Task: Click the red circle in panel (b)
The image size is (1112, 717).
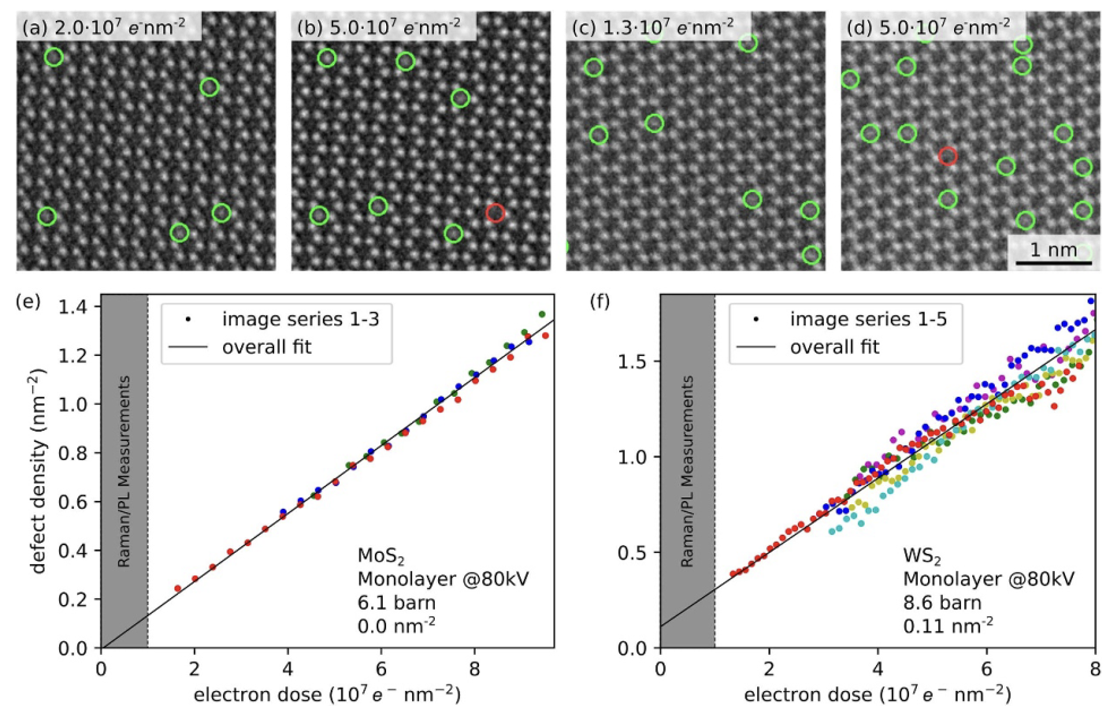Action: tap(495, 213)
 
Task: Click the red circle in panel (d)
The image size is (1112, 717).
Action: tap(948, 156)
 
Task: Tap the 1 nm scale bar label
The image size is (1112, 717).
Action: tap(1053, 250)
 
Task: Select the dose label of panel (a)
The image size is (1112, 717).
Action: tap(104, 26)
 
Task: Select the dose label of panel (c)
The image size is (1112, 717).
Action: tap(653, 26)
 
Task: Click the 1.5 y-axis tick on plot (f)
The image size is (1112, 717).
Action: tap(634, 361)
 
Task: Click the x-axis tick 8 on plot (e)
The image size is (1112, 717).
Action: tap(474, 669)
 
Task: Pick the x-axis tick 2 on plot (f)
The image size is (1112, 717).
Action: tap(769, 669)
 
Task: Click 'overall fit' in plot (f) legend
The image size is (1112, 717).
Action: tap(835, 347)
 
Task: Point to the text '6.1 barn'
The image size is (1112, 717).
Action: tap(397, 603)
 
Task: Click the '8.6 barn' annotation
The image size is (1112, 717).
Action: tap(942, 603)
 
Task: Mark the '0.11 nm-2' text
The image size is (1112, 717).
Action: tap(948, 626)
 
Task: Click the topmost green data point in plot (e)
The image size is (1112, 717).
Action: tap(542, 314)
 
